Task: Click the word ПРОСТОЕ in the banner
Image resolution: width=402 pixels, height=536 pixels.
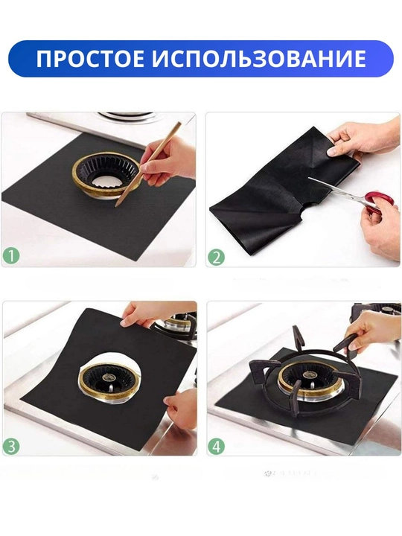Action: pyautogui.click(x=90, y=58)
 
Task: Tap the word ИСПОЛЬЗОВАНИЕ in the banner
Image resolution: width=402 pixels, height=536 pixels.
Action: pyautogui.click(x=259, y=58)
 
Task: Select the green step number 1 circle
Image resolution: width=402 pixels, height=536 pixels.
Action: pyautogui.click(x=11, y=255)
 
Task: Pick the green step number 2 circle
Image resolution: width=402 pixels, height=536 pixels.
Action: pyautogui.click(x=217, y=257)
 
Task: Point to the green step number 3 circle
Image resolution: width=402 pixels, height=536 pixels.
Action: pyautogui.click(x=11, y=446)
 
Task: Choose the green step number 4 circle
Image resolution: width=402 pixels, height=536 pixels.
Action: pyautogui.click(x=217, y=446)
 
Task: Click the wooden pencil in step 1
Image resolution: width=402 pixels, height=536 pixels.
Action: pyautogui.click(x=148, y=164)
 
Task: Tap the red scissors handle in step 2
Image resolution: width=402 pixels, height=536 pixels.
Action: pyautogui.click(x=374, y=202)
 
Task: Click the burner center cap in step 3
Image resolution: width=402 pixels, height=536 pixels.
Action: pyautogui.click(x=109, y=377)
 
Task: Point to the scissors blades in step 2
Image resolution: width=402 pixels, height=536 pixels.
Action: pyautogui.click(x=336, y=191)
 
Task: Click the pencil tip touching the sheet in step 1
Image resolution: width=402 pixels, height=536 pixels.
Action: pyautogui.click(x=116, y=205)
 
